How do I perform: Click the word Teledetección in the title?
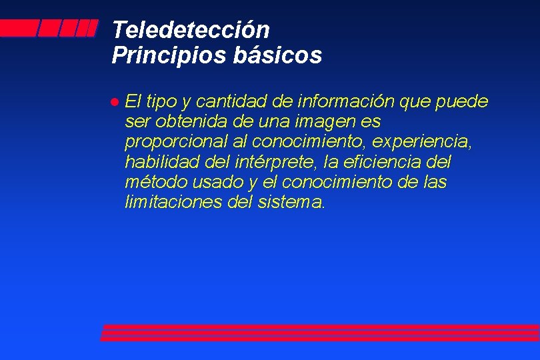point(191,30)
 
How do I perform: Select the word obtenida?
point(186,122)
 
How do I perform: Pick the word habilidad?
point(157,162)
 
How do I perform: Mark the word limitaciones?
point(165,202)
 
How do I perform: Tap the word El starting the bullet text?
point(132,102)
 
